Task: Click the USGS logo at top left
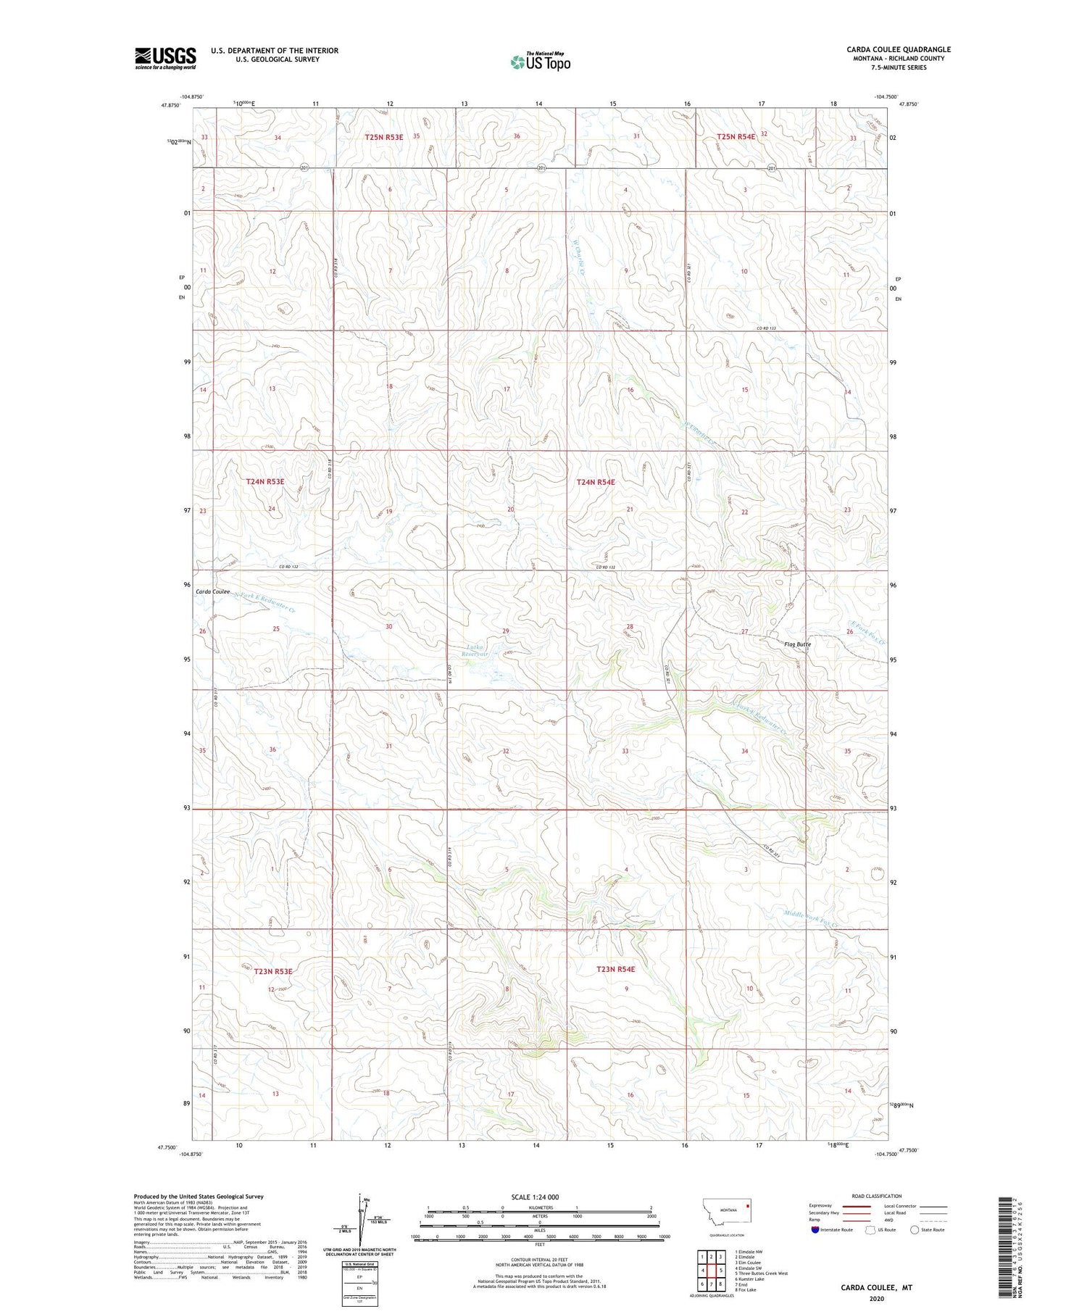coord(165,58)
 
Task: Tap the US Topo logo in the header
coord(540,62)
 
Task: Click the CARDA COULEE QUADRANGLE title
coord(898,49)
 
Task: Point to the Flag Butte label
coord(798,644)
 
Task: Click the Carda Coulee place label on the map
coord(212,591)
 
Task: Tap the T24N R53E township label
coord(265,481)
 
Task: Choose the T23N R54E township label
coord(615,969)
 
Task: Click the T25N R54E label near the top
coord(736,136)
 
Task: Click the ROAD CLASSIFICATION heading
coord(877,1196)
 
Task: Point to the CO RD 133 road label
coord(766,328)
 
